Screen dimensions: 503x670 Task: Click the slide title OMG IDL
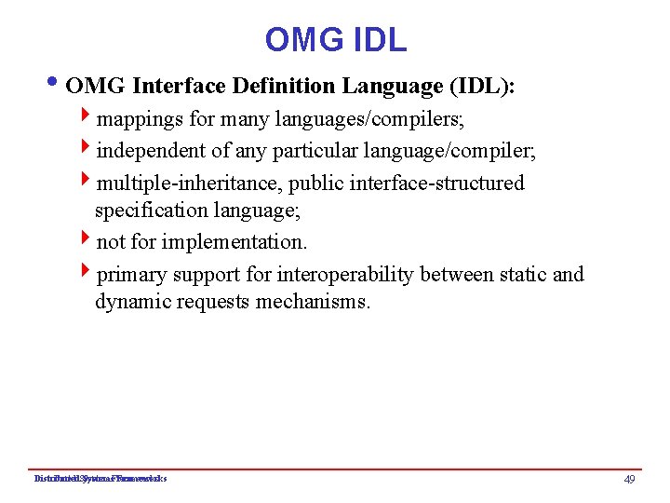[335, 40]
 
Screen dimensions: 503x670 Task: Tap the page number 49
[630, 479]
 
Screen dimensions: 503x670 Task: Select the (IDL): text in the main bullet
[482, 87]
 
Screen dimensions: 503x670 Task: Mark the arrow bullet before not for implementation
[86, 241]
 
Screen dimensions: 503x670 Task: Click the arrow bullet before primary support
[86, 273]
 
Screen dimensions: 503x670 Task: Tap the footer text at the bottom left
[100, 479]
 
